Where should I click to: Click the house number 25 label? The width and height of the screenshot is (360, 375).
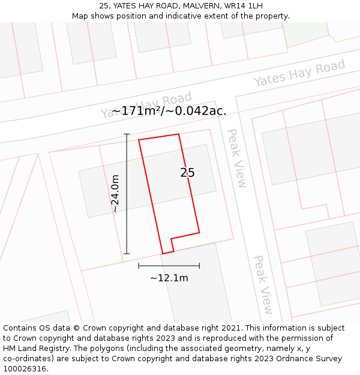point(187,173)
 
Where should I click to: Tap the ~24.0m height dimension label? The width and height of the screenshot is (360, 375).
point(115,193)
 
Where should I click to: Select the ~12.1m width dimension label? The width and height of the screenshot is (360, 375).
point(169,278)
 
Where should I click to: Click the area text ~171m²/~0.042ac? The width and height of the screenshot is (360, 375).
point(169,111)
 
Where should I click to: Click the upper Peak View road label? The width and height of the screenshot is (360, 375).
point(236,158)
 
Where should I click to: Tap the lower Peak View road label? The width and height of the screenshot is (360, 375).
point(263,284)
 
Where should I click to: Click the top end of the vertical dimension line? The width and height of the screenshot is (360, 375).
point(127,134)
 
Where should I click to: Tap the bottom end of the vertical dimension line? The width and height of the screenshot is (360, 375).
point(127,254)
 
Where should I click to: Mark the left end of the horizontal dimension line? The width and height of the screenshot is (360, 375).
point(139,266)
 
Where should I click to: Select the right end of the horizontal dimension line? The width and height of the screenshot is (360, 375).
point(200,266)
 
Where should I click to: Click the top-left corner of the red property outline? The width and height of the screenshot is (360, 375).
point(139,140)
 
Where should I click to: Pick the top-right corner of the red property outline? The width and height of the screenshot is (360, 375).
point(179,134)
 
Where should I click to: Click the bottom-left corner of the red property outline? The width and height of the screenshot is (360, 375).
point(163,254)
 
